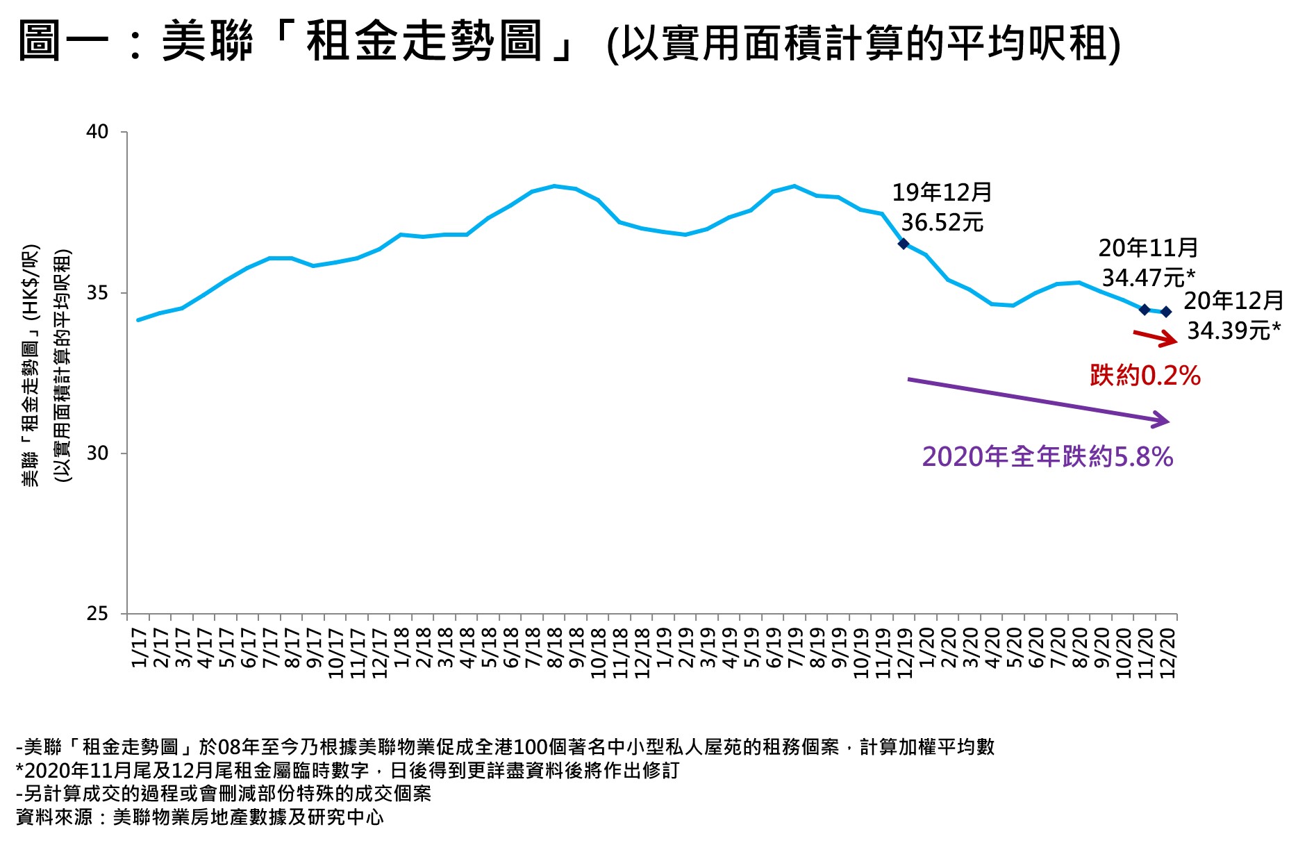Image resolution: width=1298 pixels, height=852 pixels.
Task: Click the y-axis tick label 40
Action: (98, 132)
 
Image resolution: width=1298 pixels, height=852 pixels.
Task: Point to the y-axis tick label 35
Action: (98, 293)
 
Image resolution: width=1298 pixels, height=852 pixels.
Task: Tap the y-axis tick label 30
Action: (98, 453)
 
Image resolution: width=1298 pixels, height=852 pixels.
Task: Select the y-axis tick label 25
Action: (98, 614)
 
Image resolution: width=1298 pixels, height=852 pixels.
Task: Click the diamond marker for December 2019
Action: (904, 243)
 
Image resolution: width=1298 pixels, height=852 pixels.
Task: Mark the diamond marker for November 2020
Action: (1145, 310)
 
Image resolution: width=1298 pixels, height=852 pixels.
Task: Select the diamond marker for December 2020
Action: (1166, 312)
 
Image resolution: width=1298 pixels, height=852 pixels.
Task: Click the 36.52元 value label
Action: (942, 223)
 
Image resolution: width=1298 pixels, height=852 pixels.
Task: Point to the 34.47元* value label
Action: (1148, 278)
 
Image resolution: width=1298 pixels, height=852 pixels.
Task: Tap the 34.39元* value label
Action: (1233, 331)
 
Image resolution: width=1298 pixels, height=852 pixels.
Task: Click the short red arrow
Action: (1155, 337)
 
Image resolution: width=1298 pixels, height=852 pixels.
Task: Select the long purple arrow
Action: (1038, 400)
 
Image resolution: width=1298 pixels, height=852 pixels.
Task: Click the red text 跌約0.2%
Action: (1145, 376)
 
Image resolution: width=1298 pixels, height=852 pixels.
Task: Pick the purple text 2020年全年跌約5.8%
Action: (1047, 457)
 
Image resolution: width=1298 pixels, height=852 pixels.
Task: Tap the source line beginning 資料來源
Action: (200, 817)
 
